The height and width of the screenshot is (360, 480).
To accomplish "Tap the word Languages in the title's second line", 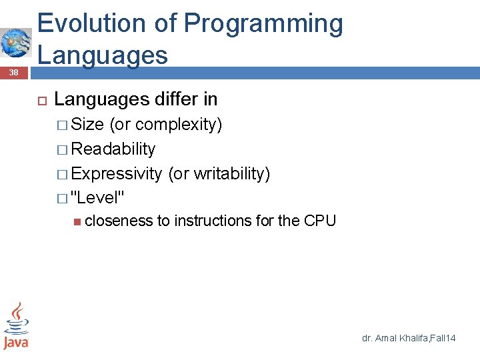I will point(103,55).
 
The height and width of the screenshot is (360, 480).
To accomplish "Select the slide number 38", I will point(14,72).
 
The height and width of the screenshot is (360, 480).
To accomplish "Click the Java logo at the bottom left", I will point(15,325).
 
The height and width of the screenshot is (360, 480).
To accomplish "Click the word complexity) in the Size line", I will point(179,125).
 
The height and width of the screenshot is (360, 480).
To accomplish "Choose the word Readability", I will point(113,149).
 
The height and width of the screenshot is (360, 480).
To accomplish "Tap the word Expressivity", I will point(116,174).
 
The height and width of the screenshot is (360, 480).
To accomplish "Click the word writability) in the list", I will point(231,174).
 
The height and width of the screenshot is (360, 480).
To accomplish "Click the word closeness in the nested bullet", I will point(119,221).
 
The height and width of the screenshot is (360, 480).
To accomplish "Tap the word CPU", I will point(319,221).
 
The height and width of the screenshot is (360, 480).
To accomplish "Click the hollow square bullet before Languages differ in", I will point(41,100).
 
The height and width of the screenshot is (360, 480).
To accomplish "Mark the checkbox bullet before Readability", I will point(62,150).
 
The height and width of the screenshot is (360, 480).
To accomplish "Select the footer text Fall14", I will point(442,339).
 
